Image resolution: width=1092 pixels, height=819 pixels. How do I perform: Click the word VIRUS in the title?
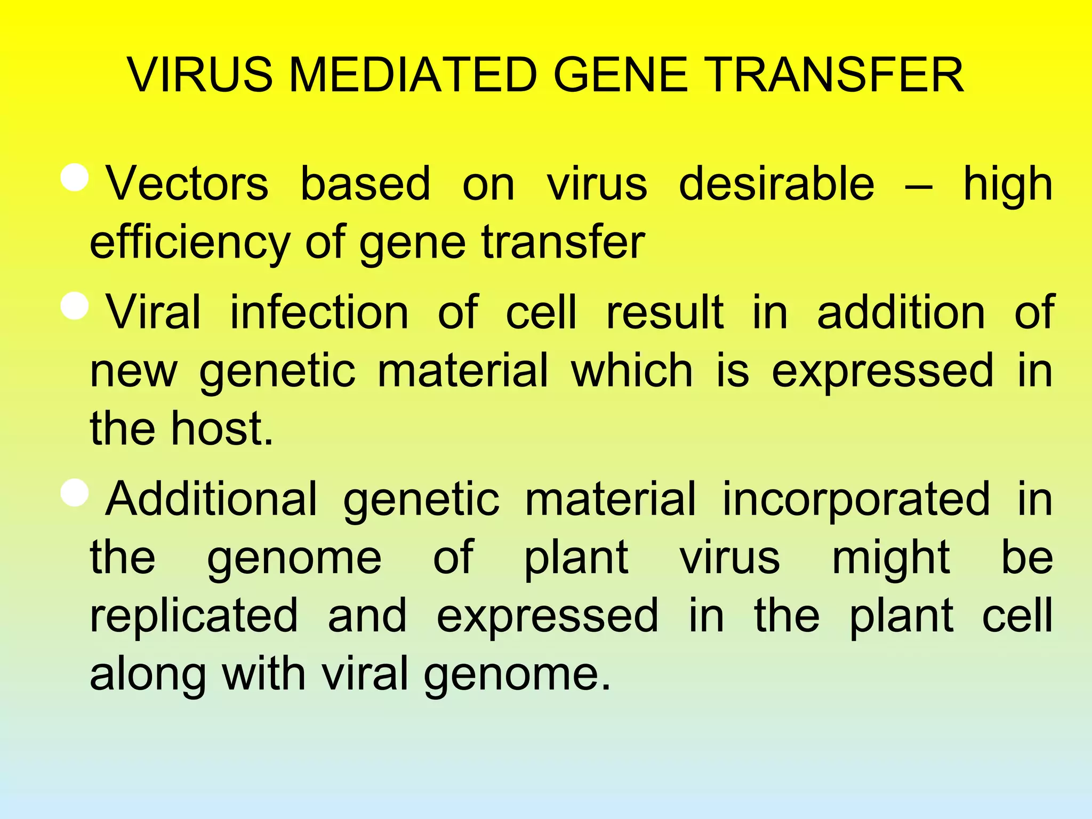pyautogui.click(x=200, y=75)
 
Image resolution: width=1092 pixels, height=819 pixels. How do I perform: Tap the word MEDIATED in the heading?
pyautogui.click(x=412, y=75)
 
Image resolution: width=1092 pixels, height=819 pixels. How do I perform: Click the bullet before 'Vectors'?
pyautogui.click(x=75, y=178)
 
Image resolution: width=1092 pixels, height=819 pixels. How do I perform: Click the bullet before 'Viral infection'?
pyautogui.click(x=75, y=306)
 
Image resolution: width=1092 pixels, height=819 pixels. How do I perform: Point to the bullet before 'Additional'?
pyautogui.click(x=75, y=493)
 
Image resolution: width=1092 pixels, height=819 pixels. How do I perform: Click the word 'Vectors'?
pyautogui.click(x=187, y=184)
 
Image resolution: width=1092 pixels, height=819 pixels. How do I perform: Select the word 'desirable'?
pyautogui.click(x=776, y=184)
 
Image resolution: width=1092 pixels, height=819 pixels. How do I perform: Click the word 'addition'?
pyautogui.click(x=901, y=313)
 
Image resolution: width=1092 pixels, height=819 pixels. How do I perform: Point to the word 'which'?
pyautogui.click(x=632, y=371)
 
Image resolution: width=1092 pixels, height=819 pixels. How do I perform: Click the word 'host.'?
pyautogui.click(x=222, y=429)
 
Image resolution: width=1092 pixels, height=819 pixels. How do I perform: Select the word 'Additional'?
pyautogui.click(x=211, y=500)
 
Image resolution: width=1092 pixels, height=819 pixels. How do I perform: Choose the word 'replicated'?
pyautogui.click(x=194, y=616)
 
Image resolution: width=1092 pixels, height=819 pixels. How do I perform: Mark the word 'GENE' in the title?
pyautogui.click(x=621, y=75)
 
